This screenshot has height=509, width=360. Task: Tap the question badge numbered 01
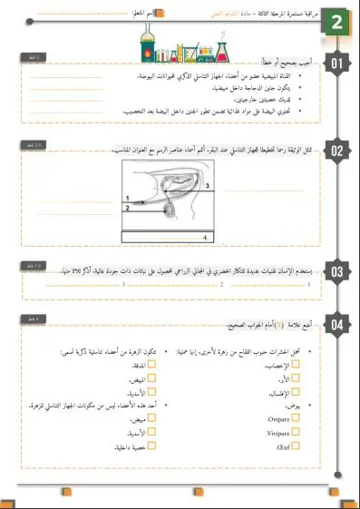(337, 64)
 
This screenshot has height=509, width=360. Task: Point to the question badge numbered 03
(337, 271)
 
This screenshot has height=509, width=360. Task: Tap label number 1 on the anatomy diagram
(128, 197)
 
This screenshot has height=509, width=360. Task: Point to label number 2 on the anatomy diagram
(128, 208)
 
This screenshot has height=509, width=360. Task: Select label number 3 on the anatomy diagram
(207, 185)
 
